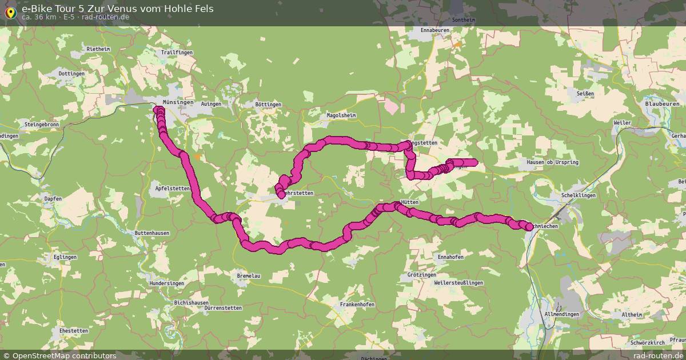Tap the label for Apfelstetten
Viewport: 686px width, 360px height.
172,188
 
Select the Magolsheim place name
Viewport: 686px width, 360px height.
341,115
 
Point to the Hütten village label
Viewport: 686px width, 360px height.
410,202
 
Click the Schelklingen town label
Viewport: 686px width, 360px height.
579,195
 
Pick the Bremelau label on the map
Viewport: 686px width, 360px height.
249,276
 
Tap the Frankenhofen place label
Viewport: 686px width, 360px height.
357,305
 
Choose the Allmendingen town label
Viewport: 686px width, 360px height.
562,314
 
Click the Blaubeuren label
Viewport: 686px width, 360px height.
662,104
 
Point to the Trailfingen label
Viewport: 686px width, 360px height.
177,53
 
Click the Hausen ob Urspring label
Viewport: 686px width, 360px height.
552,163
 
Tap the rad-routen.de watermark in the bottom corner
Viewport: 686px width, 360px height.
658,355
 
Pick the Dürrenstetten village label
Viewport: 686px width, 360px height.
223,308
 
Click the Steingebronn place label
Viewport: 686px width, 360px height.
42,124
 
